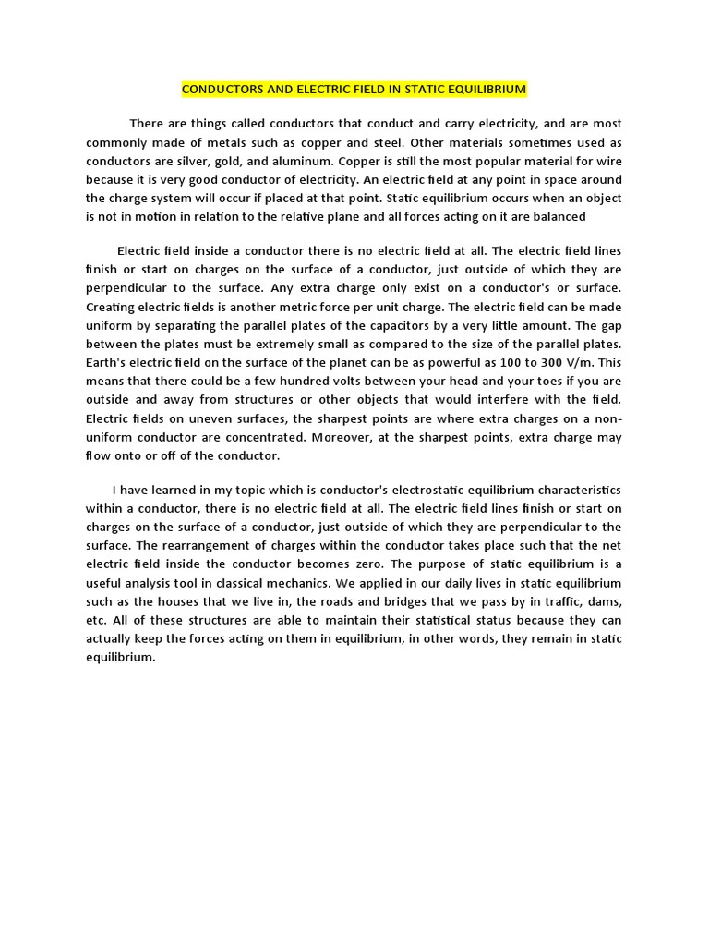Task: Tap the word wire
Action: (606, 161)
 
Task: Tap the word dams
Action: (604, 601)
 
